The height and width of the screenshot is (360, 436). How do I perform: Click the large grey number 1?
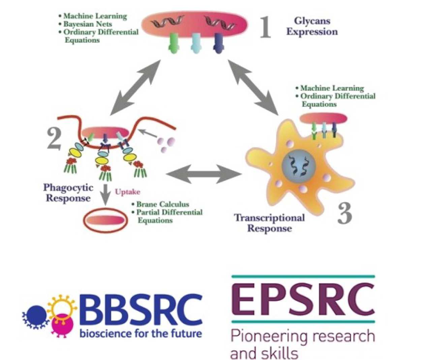point(266,27)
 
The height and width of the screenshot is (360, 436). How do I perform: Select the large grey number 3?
point(345,213)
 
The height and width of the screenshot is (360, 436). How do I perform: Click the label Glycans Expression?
point(312,26)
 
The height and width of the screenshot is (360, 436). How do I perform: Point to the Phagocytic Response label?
point(68,192)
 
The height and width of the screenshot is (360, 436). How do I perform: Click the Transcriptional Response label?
point(270,223)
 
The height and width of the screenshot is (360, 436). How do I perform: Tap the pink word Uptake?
point(127,192)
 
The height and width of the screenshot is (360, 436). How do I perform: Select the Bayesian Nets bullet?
point(87,24)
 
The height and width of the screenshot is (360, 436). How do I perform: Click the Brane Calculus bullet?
point(162,204)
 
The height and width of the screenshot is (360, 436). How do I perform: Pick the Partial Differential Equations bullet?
point(168,216)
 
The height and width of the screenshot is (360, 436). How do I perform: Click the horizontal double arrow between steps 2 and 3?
point(204,174)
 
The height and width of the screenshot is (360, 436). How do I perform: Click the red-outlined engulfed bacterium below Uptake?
point(105,221)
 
